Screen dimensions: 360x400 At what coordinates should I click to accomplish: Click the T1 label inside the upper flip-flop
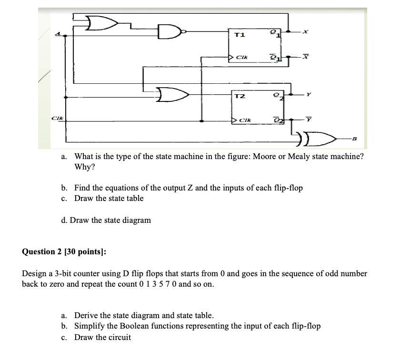240,35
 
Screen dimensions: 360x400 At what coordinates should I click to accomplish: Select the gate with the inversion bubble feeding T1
171,32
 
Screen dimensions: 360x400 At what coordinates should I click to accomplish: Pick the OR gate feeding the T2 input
172,94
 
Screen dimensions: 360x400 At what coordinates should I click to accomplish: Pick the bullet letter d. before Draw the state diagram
64,220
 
